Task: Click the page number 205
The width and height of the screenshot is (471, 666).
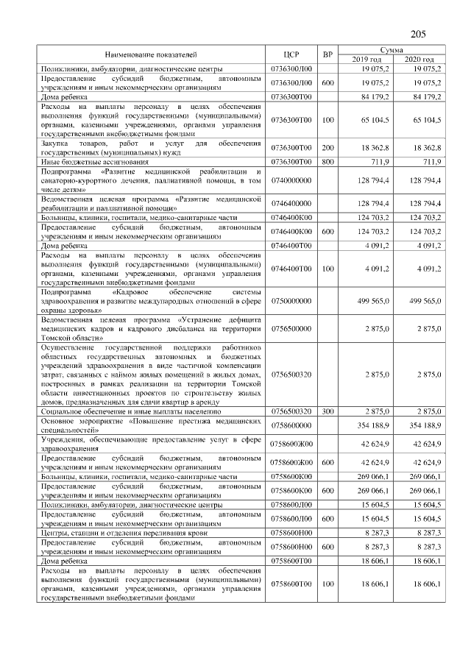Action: (418, 34)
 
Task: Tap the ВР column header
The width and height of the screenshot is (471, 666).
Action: (328, 54)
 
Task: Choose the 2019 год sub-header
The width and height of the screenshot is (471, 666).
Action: (366, 59)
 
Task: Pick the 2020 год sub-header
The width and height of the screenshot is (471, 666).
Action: (419, 59)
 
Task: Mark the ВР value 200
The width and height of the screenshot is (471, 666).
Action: (328, 147)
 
